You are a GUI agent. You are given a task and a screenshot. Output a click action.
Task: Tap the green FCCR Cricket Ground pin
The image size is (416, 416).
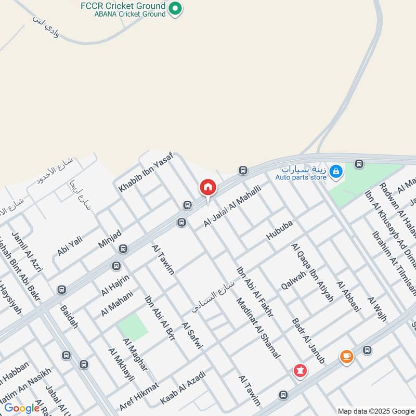tap(176, 8)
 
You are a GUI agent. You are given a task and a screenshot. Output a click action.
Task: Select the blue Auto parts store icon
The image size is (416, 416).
tap(336, 171)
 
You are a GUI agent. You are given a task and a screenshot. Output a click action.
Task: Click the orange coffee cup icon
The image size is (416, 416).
tap(346, 357)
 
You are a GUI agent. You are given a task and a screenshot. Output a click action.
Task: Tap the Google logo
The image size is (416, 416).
tap(22, 408)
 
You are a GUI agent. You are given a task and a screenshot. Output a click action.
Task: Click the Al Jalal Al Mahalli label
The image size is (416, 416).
tap(232, 206)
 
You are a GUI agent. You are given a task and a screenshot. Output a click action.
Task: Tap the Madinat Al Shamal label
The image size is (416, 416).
tap(258, 328)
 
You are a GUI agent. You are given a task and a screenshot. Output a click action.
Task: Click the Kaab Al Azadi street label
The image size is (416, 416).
tap(183, 387)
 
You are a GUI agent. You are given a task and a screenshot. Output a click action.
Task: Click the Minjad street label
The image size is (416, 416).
tap(110, 238)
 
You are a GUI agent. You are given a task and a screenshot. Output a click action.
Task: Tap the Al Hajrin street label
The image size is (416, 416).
tap(115, 283)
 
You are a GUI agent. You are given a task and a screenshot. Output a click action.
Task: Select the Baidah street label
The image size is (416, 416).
tap(69, 317)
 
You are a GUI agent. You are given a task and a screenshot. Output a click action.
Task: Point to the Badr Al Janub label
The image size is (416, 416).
tap(309, 341)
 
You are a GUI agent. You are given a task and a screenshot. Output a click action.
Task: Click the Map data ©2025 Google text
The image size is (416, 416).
tap(375, 411)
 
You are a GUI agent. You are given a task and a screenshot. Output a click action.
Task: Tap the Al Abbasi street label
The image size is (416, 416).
tap(348, 296)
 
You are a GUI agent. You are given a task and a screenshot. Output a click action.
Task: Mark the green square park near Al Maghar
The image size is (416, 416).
tap(133, 327)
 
